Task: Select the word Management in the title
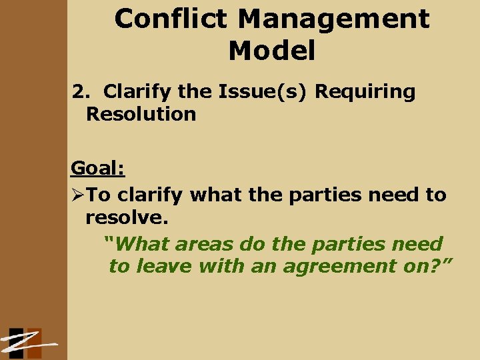tap(334, 19)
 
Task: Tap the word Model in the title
tap(271, 51)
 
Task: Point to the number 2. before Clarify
tap(82, 91)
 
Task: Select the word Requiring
tap(365, 91)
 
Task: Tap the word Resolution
tap(141, 114)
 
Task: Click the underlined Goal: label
tap(98, 169)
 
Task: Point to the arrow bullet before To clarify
tap(78, 195)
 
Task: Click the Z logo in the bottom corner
tap(27, 342)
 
